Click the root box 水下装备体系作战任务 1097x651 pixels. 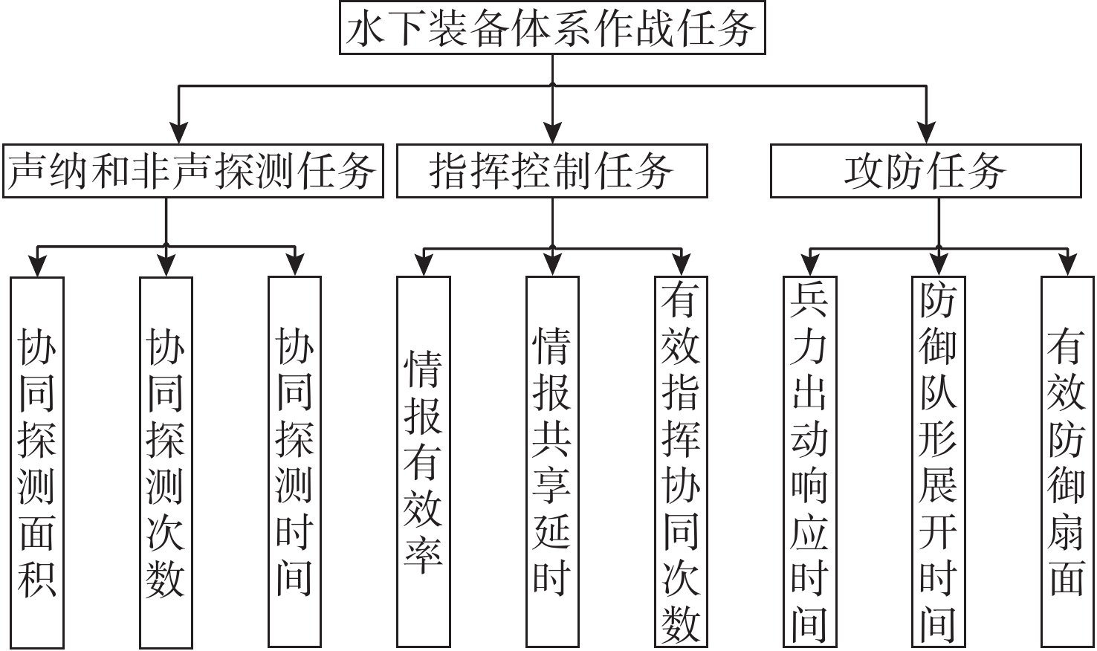click(x=552, y=27)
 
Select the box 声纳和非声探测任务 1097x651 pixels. click(x=193, y=171)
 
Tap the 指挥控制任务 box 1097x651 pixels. click(x=551, y=171)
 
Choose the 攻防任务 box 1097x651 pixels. click(x=925, y=171)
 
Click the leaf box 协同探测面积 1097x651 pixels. click(x=37, y=461)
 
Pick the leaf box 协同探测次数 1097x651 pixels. click(x=166, y=461)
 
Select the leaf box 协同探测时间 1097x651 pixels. click(x=294, y=461)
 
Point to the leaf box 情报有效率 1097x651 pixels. click(x=423, y=461)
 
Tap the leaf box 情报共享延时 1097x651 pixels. click(x=552, y=461)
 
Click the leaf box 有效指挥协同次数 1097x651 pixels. click(x=681, y=461)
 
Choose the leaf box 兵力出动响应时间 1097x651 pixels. click(x=809, y=461)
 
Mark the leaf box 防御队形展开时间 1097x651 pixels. click(x=938, y=461)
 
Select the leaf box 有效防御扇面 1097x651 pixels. click(x=1067, y=461)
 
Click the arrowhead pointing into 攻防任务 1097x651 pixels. click(x=926, y=134)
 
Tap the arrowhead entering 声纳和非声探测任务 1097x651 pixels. click(x=178, y=134)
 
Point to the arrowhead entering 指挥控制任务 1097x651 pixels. click(x=552, y=134)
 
